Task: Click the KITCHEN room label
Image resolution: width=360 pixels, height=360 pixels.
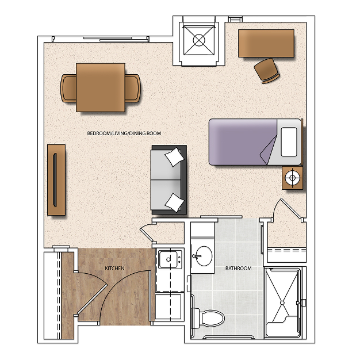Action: (x=114, y=269)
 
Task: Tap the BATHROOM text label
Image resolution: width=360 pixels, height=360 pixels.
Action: (x=238, y=269)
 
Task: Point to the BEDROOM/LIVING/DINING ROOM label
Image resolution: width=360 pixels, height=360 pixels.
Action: (x=124, y=133)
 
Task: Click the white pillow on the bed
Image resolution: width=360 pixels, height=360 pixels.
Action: (x=289, y=141)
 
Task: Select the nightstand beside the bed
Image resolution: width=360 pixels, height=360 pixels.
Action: (x=292, y=178)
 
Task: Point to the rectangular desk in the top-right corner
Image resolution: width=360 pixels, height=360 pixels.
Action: (x=266, y=43)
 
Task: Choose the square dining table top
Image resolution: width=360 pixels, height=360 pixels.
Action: (x=101, y=87)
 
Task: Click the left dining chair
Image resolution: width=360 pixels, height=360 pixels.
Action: (x=68, y=88)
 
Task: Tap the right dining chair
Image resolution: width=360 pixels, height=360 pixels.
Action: (x=133, y=88)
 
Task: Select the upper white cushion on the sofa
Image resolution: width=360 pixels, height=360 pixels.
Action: (x=174, y=157)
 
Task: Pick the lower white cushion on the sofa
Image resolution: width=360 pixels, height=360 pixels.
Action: (x=174, y=202)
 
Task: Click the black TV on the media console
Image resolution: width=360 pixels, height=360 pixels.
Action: (x=55, y=180)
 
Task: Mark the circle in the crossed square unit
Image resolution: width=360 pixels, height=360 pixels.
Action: (x=199, y=40)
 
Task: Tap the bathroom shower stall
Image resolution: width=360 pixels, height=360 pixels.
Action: (x=282, y=302)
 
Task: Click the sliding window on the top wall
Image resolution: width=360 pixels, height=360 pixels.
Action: (x=116, y=39)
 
